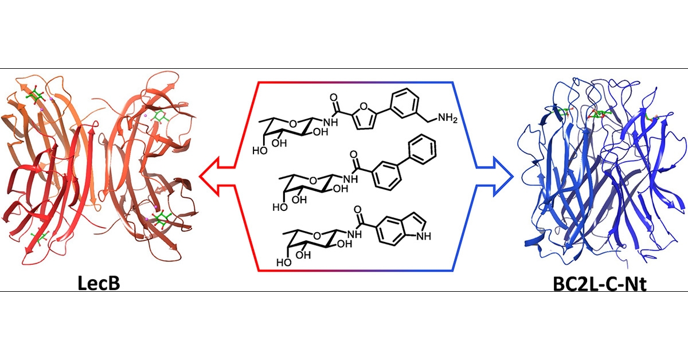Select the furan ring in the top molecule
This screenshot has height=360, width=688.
pyautogui.click(x=351, y=119)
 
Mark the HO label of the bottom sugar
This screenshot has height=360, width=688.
pyautogui.click(x=283, y=264)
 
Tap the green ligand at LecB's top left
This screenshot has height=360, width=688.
pyautogui.click(x=36, y=96)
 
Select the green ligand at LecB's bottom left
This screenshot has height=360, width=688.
pyautogui.click(x=40, y=236)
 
